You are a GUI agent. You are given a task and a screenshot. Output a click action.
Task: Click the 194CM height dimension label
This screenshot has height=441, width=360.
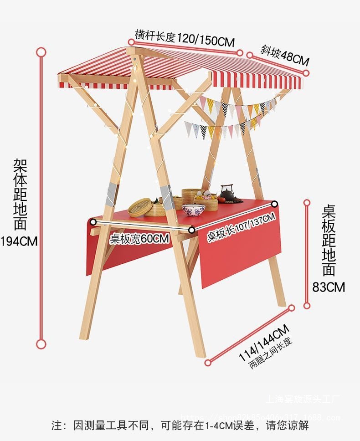[19, 241]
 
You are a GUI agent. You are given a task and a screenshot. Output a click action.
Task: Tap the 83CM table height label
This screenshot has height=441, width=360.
[329, 287]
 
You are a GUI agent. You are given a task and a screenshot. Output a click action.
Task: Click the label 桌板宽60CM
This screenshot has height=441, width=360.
[139, 239]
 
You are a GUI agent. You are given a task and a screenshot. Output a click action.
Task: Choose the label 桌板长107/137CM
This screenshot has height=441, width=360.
[242, 227]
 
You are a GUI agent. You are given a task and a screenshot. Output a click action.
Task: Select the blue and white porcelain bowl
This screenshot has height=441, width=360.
[193, 210]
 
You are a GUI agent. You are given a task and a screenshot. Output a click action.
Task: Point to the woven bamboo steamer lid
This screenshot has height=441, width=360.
[140, 207]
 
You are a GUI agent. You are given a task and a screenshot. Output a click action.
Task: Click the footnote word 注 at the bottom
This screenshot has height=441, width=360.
[56, 426]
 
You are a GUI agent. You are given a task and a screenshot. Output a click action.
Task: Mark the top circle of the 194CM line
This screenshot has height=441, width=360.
[41, 51]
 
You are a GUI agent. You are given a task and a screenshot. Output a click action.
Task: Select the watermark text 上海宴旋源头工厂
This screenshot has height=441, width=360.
[303, 400]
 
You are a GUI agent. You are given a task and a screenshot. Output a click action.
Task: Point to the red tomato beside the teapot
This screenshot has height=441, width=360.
[221, 199]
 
